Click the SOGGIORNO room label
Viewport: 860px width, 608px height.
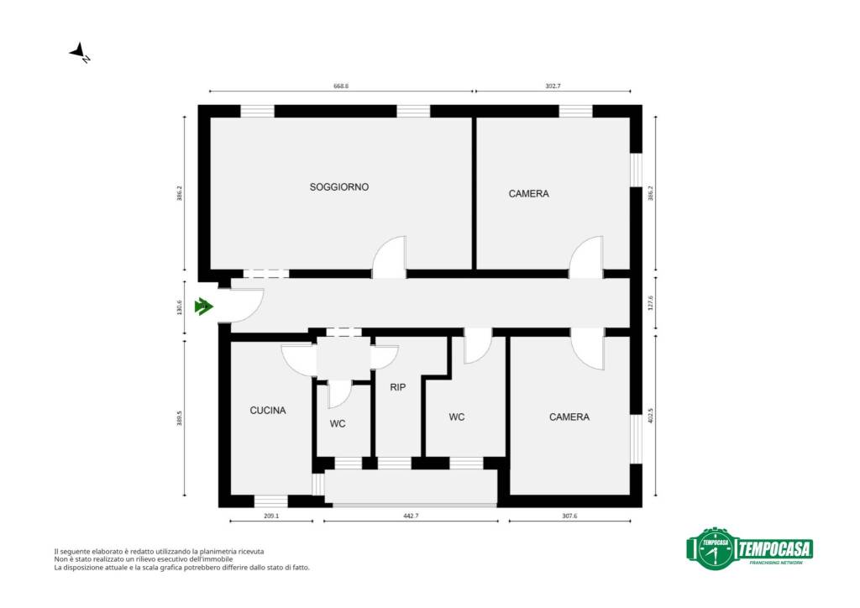339,187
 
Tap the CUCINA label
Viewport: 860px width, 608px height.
268,410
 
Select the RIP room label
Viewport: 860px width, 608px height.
397,387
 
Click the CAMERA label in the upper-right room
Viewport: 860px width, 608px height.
529,193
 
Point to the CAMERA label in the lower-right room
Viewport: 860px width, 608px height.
569,417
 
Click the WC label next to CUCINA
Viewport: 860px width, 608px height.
338,424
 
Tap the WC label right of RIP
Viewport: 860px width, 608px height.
456,417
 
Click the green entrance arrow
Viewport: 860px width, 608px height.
203,307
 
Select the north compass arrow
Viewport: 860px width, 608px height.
80,52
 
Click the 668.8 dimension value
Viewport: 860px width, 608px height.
341,86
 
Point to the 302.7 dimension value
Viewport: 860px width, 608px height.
553,86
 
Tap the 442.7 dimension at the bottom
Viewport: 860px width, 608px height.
411,516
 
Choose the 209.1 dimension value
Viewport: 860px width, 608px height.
271,516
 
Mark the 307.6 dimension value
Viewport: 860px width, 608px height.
569,516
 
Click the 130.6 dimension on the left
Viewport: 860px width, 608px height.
180,307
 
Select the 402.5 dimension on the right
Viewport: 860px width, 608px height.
651,416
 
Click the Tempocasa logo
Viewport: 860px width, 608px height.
749,548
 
